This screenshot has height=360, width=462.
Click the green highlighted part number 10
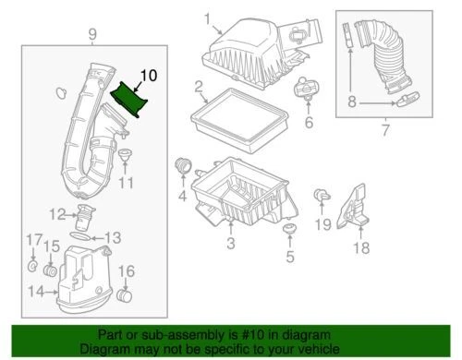coord(130,99)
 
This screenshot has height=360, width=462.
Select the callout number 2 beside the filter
coord(199,90)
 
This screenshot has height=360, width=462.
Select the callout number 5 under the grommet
coord(289,257)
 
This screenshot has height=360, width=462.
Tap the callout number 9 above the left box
coord(91,36)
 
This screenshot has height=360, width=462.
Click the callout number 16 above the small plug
coord(128,271)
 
